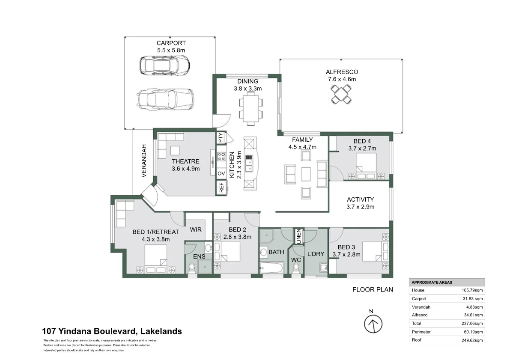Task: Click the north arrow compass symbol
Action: (x=373, y=324)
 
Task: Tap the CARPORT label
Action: (x=170, y=43)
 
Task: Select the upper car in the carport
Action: (x=165, y=65)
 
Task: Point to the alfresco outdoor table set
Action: (x=342, y=94)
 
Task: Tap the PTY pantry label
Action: (x=221, y=138)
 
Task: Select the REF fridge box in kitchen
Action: (x=221, y=187)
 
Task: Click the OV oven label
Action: (x=221, y=173)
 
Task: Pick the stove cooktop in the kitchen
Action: (x=221, y=157)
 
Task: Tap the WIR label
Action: (x=196, y=230)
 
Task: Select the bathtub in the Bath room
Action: (x=271, y=269)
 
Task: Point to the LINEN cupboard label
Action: (x=298, y=237)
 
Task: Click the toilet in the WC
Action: (x=296, y=267)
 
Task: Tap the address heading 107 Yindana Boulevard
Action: (x=112, y=331)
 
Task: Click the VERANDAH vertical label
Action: (x=144, y=161)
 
